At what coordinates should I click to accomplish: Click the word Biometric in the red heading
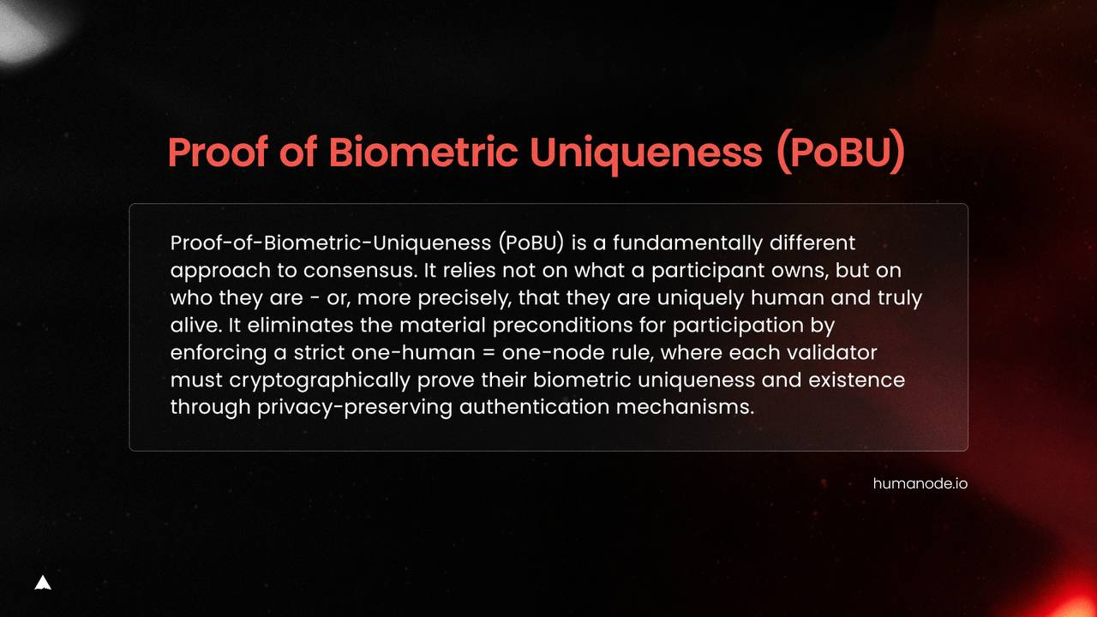pos(423,152)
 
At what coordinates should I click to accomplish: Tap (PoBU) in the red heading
pos(841,153)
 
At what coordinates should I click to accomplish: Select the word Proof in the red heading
pos(218,152)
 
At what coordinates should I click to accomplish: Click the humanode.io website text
pos(920,484)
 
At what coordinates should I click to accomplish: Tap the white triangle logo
pos(43,583)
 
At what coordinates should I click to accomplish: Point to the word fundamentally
pos(687,243)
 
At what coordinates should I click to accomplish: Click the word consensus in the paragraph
pos(361,271)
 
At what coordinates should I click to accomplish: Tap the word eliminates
pos(300,325)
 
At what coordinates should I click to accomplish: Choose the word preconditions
pos(563,326)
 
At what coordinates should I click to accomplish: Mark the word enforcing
pos(219,353)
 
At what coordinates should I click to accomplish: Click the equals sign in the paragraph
pos(489,353)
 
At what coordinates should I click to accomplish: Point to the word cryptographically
pos(320,380)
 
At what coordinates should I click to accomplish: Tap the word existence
pos(856,380)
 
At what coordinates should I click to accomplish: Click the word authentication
pos(534,407)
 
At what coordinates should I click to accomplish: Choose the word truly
pos(900,298)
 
